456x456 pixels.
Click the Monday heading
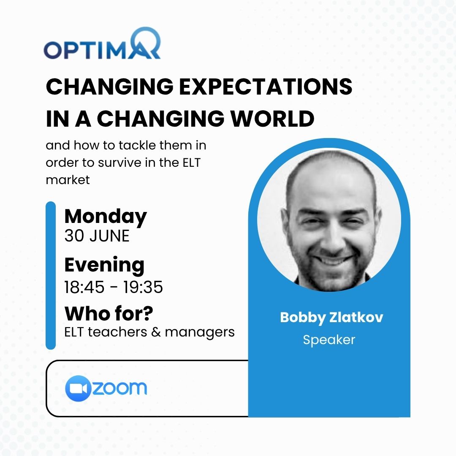[106, 217]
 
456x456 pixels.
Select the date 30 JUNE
[97, 236]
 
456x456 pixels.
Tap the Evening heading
[104, 265]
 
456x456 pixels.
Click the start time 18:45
[84, 287]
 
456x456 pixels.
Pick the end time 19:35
[143, 287]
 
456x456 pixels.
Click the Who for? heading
[109, 314]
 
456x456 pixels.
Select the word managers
[200, 332]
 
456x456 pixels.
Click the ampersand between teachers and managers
[155, 332]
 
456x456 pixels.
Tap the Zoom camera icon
[78, 388]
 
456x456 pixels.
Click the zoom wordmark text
[119, 388]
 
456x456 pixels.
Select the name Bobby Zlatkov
[331, 318]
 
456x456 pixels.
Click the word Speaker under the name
[329, 339]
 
